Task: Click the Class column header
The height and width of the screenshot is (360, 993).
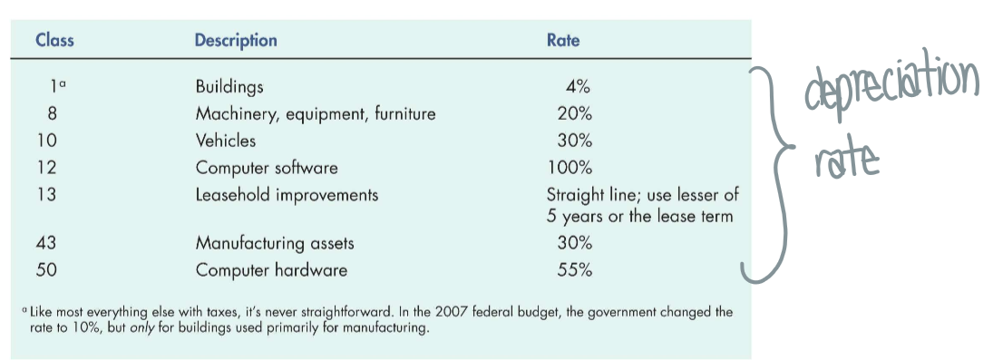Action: (x=54, y=41)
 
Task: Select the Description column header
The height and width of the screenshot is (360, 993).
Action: (x=236, y=41)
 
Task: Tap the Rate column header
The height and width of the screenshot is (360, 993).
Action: (x=563, y=41)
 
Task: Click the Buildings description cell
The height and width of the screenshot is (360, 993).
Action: (x=229, y=87)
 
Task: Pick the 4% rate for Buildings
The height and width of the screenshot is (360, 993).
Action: (x=578, y=87)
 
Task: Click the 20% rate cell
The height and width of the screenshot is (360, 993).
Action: (x=574, y=114)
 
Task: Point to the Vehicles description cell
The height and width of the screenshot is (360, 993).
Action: (x=226, y=141)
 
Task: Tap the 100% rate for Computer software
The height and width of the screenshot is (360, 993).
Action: (x=570, y=168)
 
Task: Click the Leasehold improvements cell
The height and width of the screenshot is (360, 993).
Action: (x=287, y=195)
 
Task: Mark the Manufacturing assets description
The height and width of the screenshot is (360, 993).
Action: (x=275, y=243)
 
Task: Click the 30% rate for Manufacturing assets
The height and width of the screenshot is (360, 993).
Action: (x=574, y=243)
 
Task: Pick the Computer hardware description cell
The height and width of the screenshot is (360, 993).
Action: (x=271, y=270)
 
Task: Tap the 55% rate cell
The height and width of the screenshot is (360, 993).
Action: (x=574, y=270)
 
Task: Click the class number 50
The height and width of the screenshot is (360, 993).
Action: (x=47, y=270)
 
